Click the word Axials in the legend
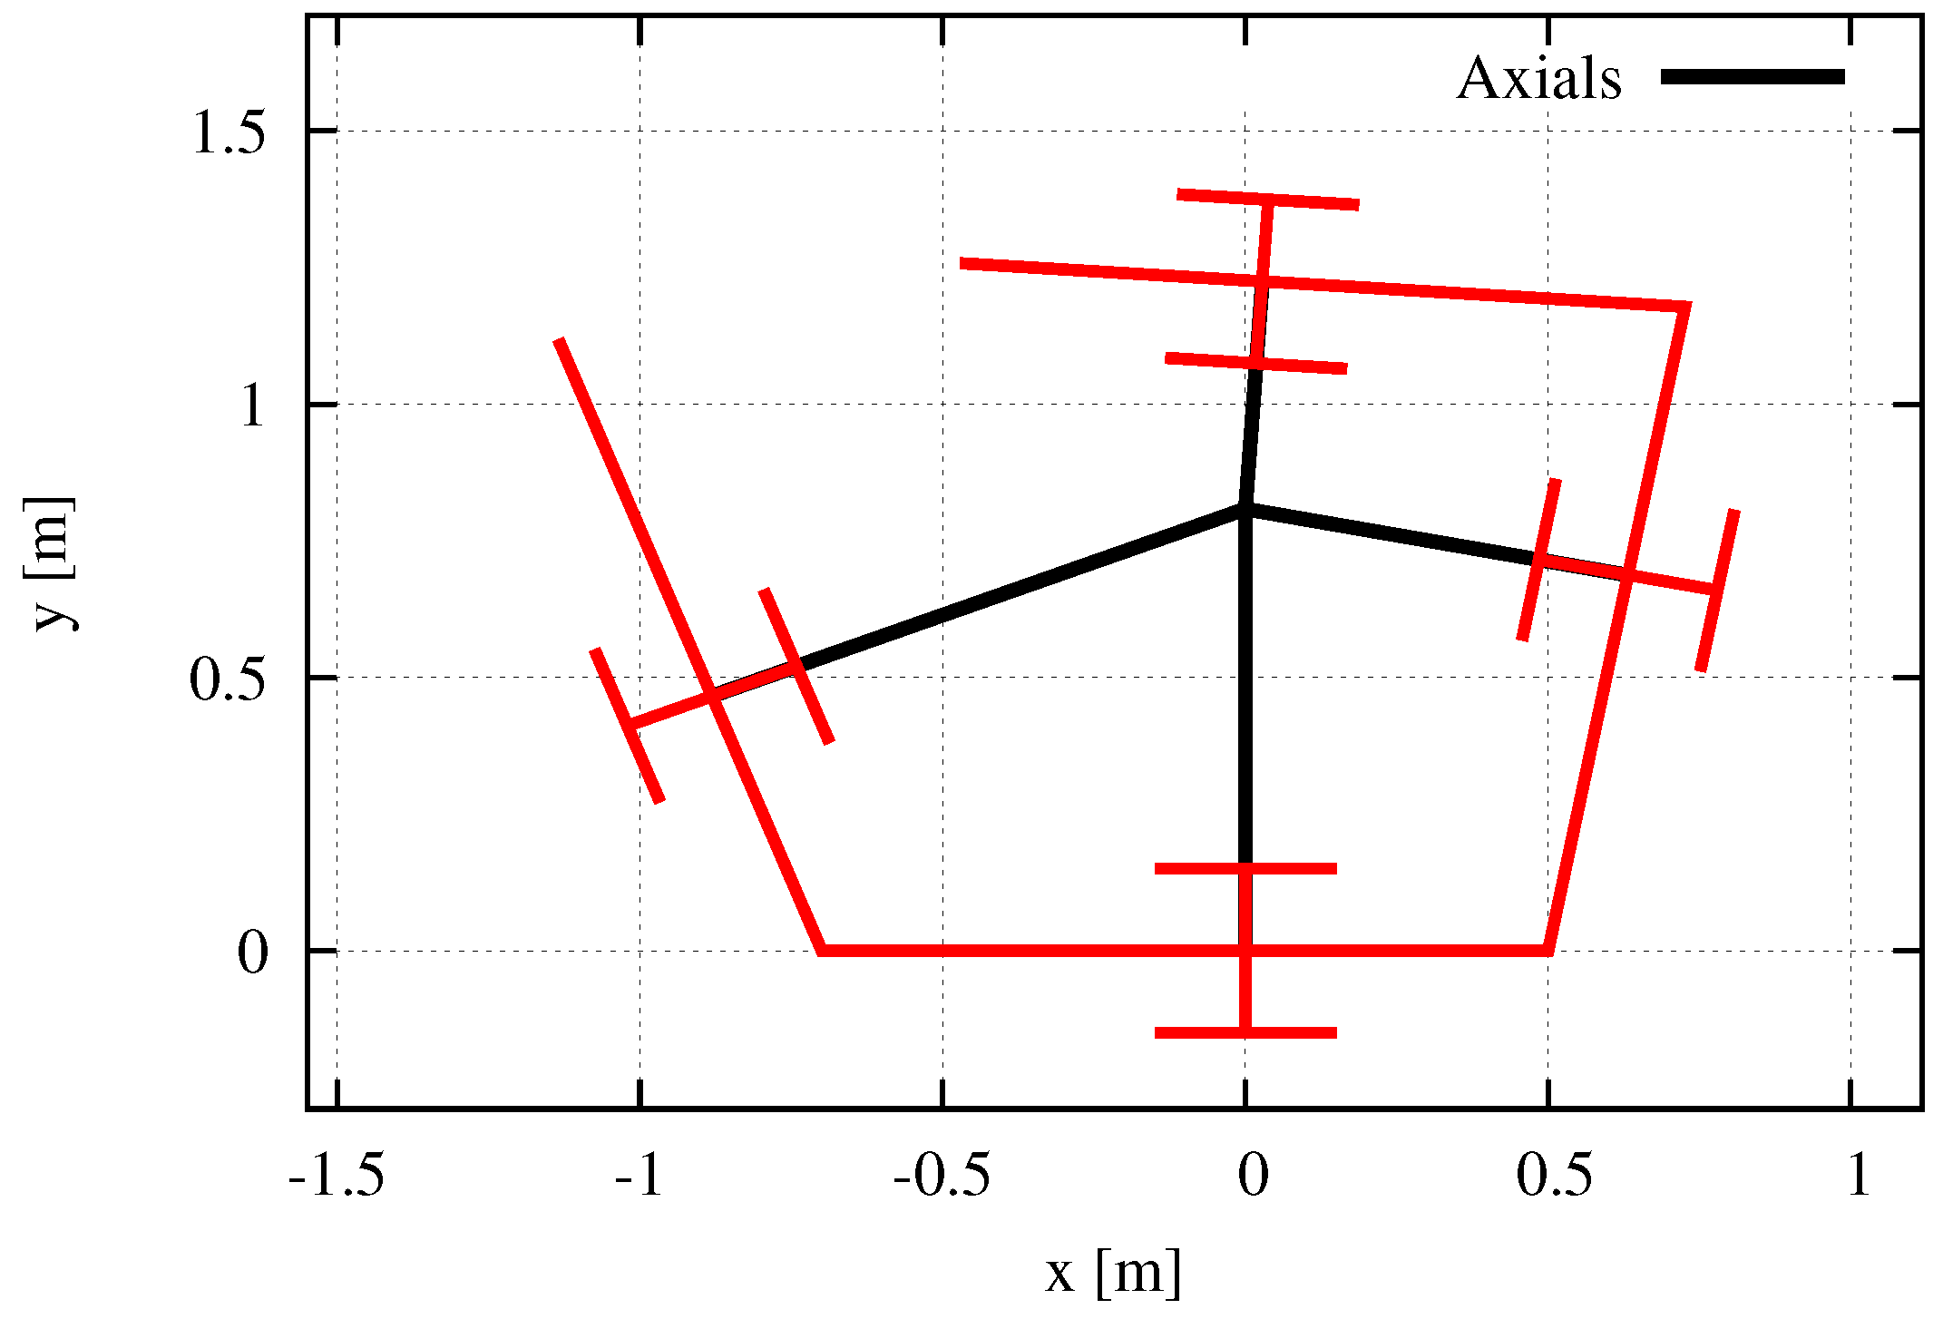coord(1538,79)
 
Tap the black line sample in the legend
coord(1753,77)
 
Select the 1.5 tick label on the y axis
coord(229,133)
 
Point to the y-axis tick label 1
coord(253,405)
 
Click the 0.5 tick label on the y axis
coord(229,679)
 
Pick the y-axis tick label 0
coord(253,953)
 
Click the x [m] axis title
coord(1113,1273)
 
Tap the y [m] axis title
coord(53,563)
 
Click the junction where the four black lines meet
coord(1245,508)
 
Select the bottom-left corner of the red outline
coord(821,950)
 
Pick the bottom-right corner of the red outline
coord(1548,950)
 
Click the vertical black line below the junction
coord(1245,689)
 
